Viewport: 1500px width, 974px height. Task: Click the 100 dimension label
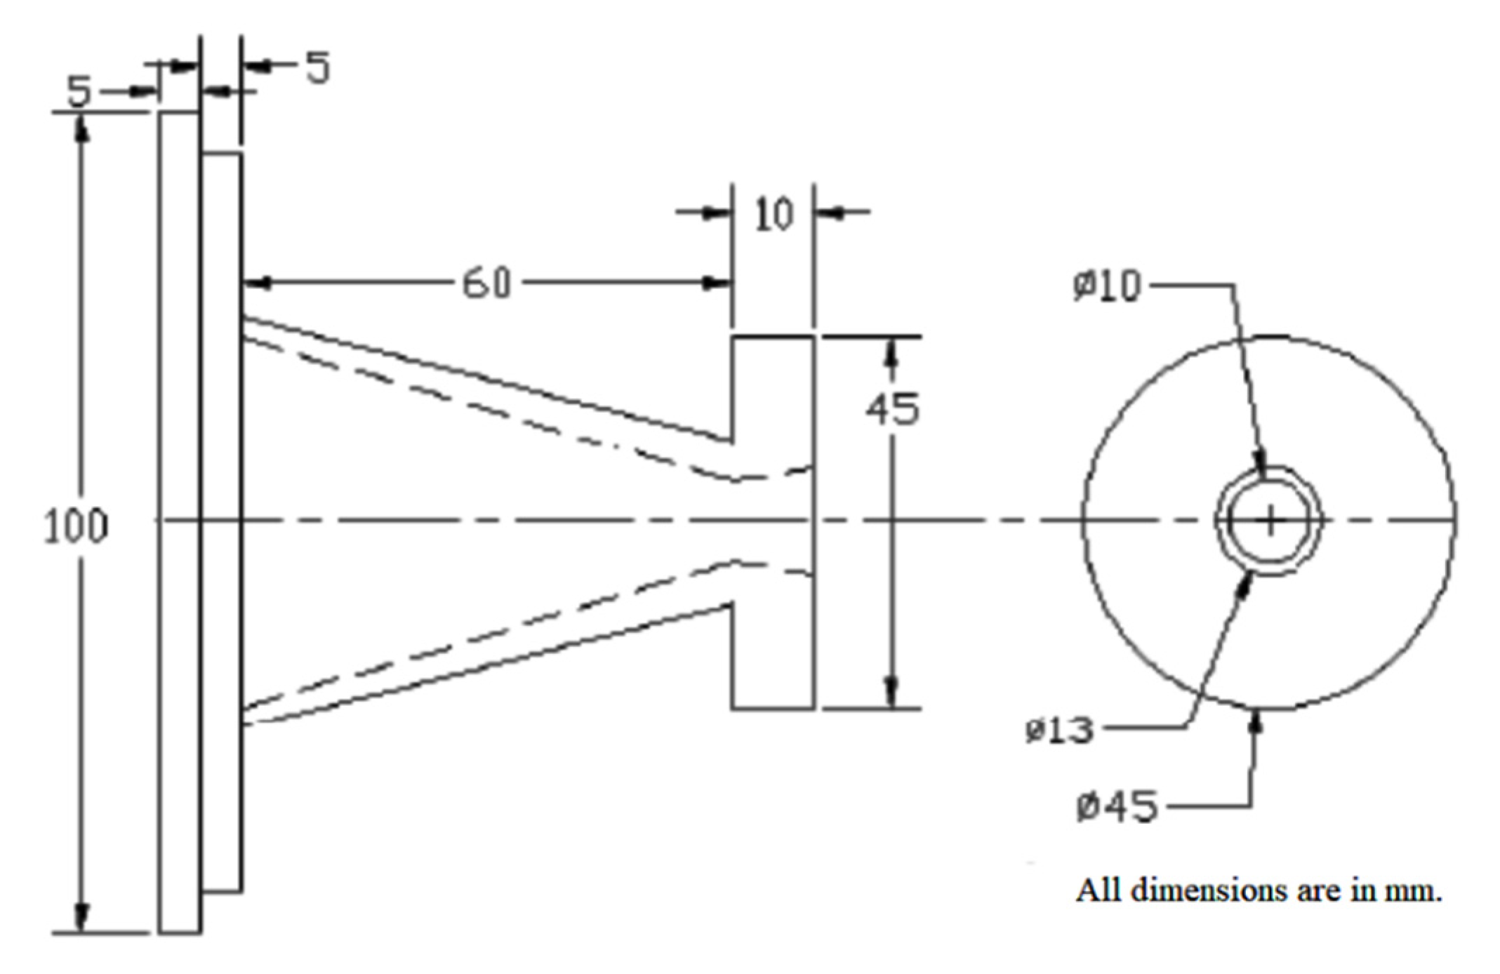tap(76, 526)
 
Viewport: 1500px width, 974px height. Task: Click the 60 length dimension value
tap(486, 284)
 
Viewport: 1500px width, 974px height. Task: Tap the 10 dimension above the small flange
tap(773, 214)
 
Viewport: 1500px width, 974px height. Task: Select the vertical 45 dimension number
tap(891, 410)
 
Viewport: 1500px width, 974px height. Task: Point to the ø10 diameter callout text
tap(1107, 286)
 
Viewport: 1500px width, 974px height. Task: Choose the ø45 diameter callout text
tap(1117, 807)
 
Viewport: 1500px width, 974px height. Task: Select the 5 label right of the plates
tap(317, 68)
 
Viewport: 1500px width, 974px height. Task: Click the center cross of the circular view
tap(1270, 521)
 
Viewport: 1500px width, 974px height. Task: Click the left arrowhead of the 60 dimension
tap(257, 283)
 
